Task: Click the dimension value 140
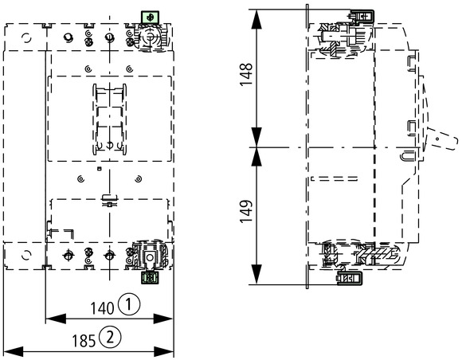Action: pos(102,308)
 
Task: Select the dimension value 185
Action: pos(84,341)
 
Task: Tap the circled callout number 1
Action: pos(129,304)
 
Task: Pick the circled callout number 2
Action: pos(110,337)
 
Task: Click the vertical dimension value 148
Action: pos(246,74)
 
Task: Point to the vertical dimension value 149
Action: pos(246,211)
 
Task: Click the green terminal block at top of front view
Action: pos(150,18)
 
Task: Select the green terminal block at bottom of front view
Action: pos(150,278)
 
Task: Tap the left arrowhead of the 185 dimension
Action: pos(14,351)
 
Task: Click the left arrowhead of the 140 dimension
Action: pos(56,319)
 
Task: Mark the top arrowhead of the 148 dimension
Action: pos(256,19)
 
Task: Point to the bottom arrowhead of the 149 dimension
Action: pos(256,275)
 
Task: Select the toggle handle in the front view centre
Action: pos(110,119)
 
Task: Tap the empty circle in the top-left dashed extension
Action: pos(26,38)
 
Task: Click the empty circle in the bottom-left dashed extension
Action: pos(26,255)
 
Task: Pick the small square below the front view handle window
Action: pos(100,169)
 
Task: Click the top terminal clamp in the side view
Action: pos(362,16)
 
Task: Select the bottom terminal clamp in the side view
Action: pos(350,279)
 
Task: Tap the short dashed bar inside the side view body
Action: pos(335,178)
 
